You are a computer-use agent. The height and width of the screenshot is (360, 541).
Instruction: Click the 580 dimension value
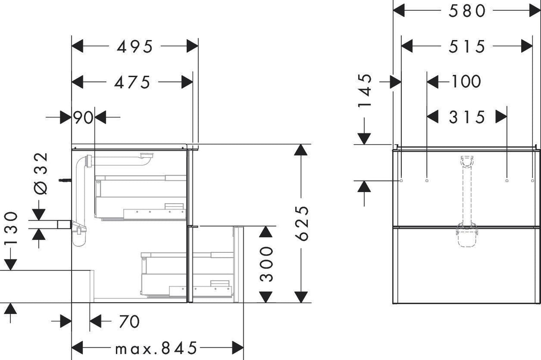pos(467,11)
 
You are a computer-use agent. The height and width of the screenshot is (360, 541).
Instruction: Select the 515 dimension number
pos(467,46)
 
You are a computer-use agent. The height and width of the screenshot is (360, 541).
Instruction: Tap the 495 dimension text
pos(134,46)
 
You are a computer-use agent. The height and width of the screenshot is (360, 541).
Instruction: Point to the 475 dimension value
pos(132,82)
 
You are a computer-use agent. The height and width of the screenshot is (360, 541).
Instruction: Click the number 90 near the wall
pos(83,118)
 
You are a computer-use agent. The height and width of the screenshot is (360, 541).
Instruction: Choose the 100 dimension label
pos(466,82)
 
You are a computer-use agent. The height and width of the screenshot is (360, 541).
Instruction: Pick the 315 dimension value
pos(467,117)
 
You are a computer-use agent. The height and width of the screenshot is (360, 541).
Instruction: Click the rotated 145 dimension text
pos(365,91)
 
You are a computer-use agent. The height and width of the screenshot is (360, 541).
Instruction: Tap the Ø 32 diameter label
pos(41,173)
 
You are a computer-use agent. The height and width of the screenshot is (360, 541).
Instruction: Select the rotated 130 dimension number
pos(11,228)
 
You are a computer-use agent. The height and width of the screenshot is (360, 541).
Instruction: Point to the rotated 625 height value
pos(302,223)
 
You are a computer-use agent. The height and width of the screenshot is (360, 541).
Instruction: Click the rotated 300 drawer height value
pos(266,264)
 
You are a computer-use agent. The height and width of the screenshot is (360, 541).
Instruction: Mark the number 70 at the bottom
pos(129,322)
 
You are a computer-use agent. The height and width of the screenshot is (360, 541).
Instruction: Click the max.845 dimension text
pos(156,348)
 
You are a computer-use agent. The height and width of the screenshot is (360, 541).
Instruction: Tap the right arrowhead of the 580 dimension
pos(535,11)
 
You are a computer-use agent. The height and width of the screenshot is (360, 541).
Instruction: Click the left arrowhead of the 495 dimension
pos(78,46)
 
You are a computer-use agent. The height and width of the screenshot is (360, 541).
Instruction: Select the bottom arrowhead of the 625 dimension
pos(301,297)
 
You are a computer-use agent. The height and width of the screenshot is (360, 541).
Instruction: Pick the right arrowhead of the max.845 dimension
pos(238,348)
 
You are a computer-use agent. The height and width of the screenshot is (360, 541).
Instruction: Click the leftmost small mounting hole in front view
pos(401,181)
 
